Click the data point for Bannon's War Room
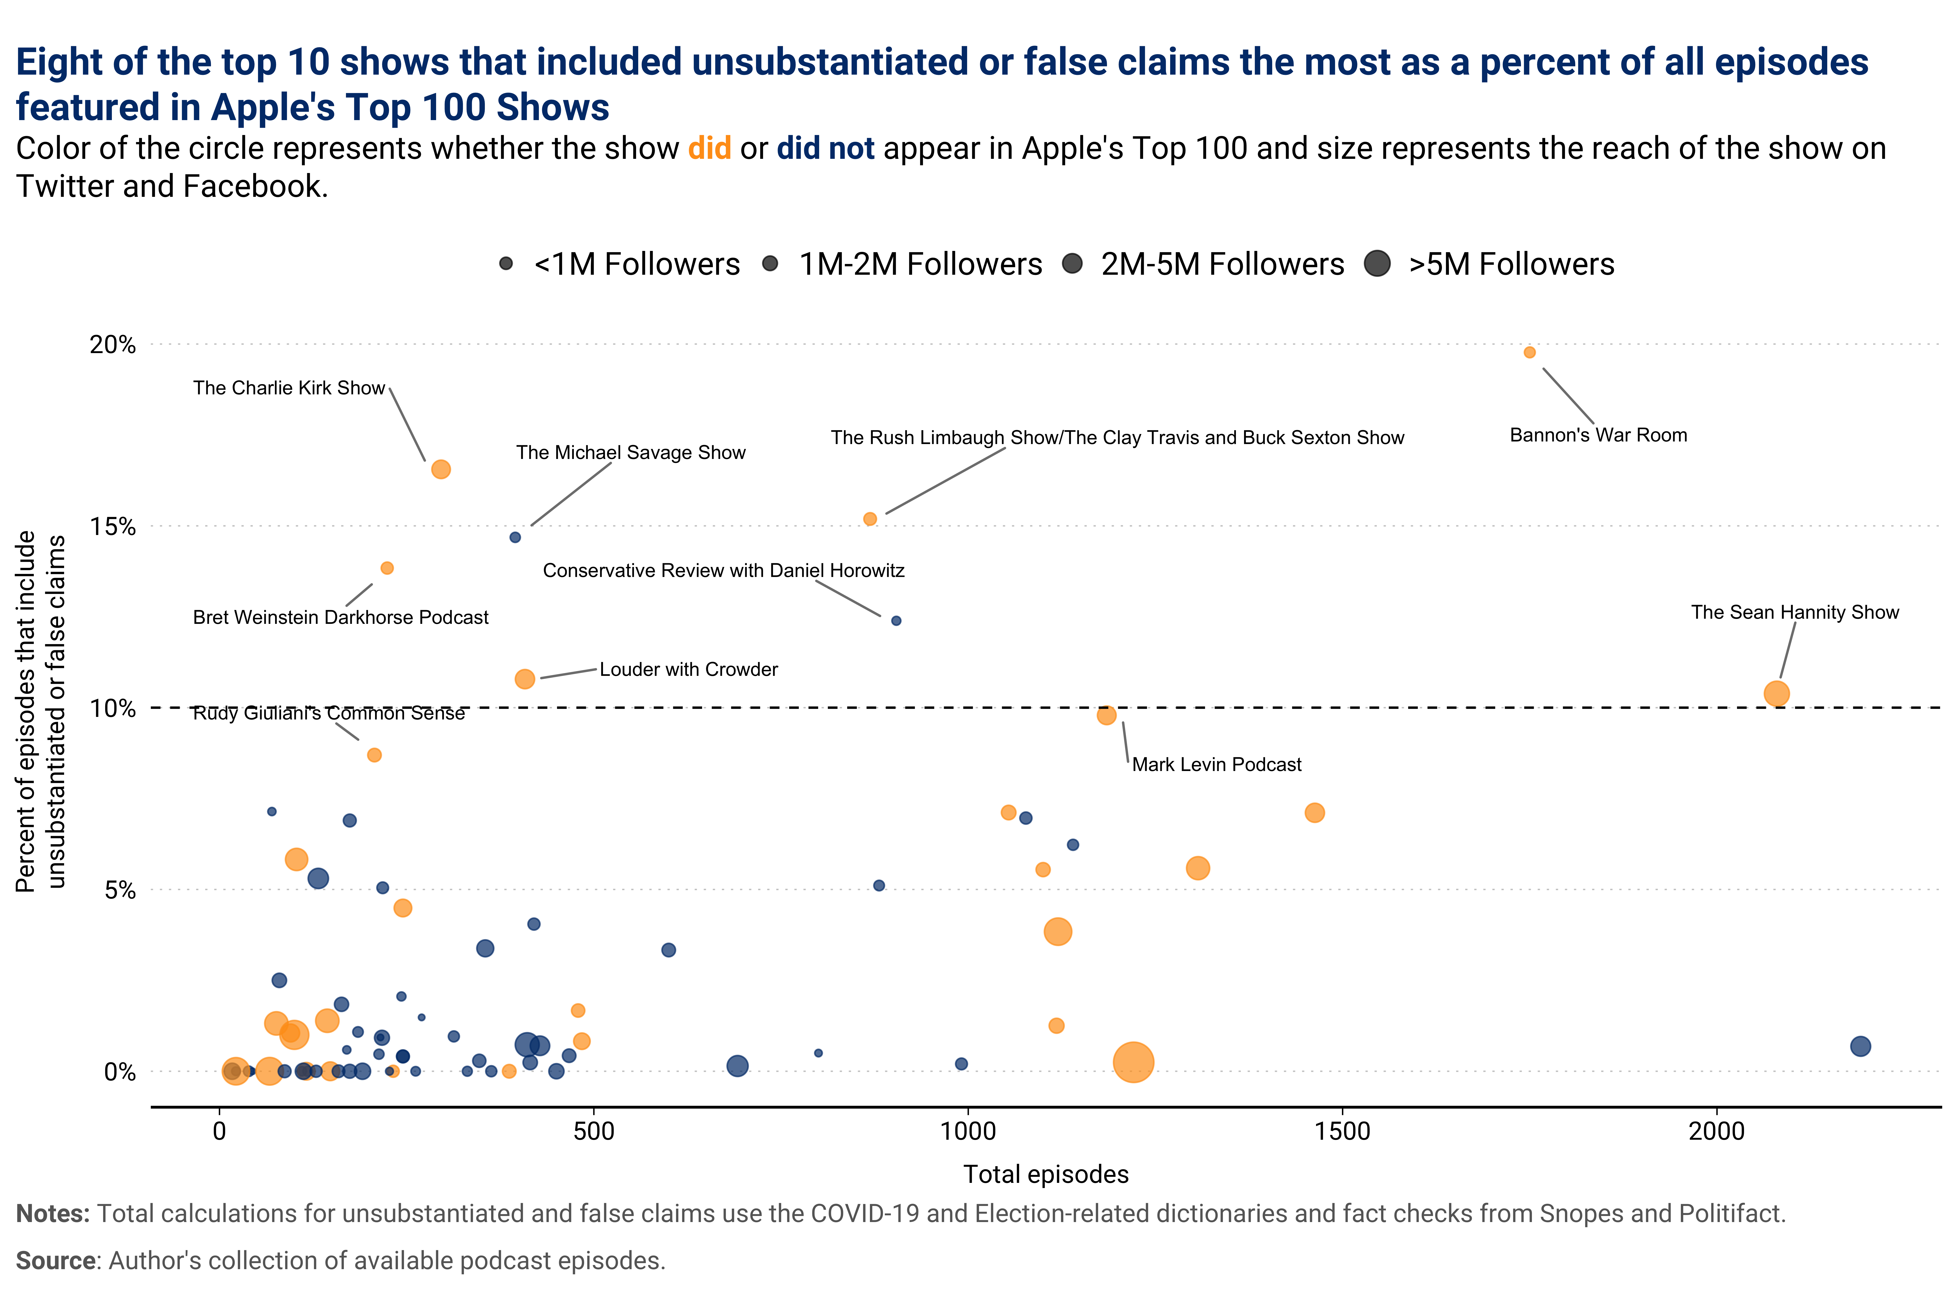click(1529, 352)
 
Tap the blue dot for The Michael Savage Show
click(515, 537)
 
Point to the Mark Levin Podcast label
click(1216, 765)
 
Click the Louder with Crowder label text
click(689, 670)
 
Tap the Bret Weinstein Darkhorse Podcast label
click(341, 617)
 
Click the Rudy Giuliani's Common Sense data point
click(375, 755)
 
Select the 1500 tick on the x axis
click(1343, 1131)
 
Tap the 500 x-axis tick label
click(593, 1131)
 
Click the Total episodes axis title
click(1046, 1174)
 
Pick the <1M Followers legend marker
click(505, 264)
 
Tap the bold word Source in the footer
click(55, 1260)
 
